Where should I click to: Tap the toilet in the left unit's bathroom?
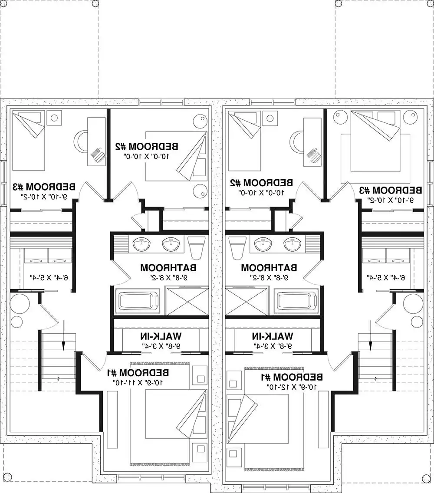point(196,247)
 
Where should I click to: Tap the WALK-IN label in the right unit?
point(273,336)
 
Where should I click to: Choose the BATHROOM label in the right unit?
point(269,267)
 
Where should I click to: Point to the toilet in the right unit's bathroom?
point(238,247)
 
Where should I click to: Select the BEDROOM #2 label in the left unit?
point(146,146)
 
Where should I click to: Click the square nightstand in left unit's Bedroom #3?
point(54,117)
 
